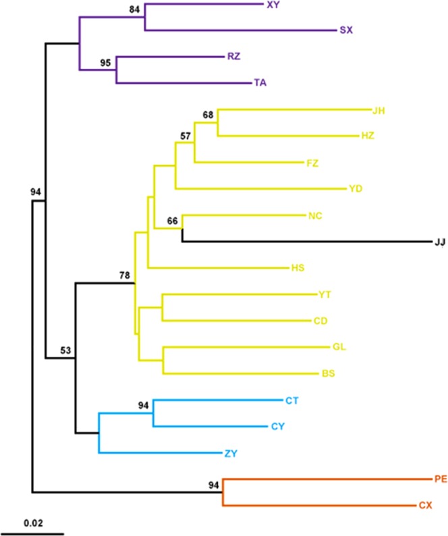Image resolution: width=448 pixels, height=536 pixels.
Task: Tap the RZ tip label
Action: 234,57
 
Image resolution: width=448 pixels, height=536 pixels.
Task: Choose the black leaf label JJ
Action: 438,242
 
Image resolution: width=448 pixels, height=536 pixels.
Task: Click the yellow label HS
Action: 298,268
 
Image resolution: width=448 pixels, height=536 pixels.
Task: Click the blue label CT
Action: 291,400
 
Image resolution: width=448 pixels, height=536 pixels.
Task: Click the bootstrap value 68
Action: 209,115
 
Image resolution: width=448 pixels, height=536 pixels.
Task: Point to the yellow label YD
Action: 356,188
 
